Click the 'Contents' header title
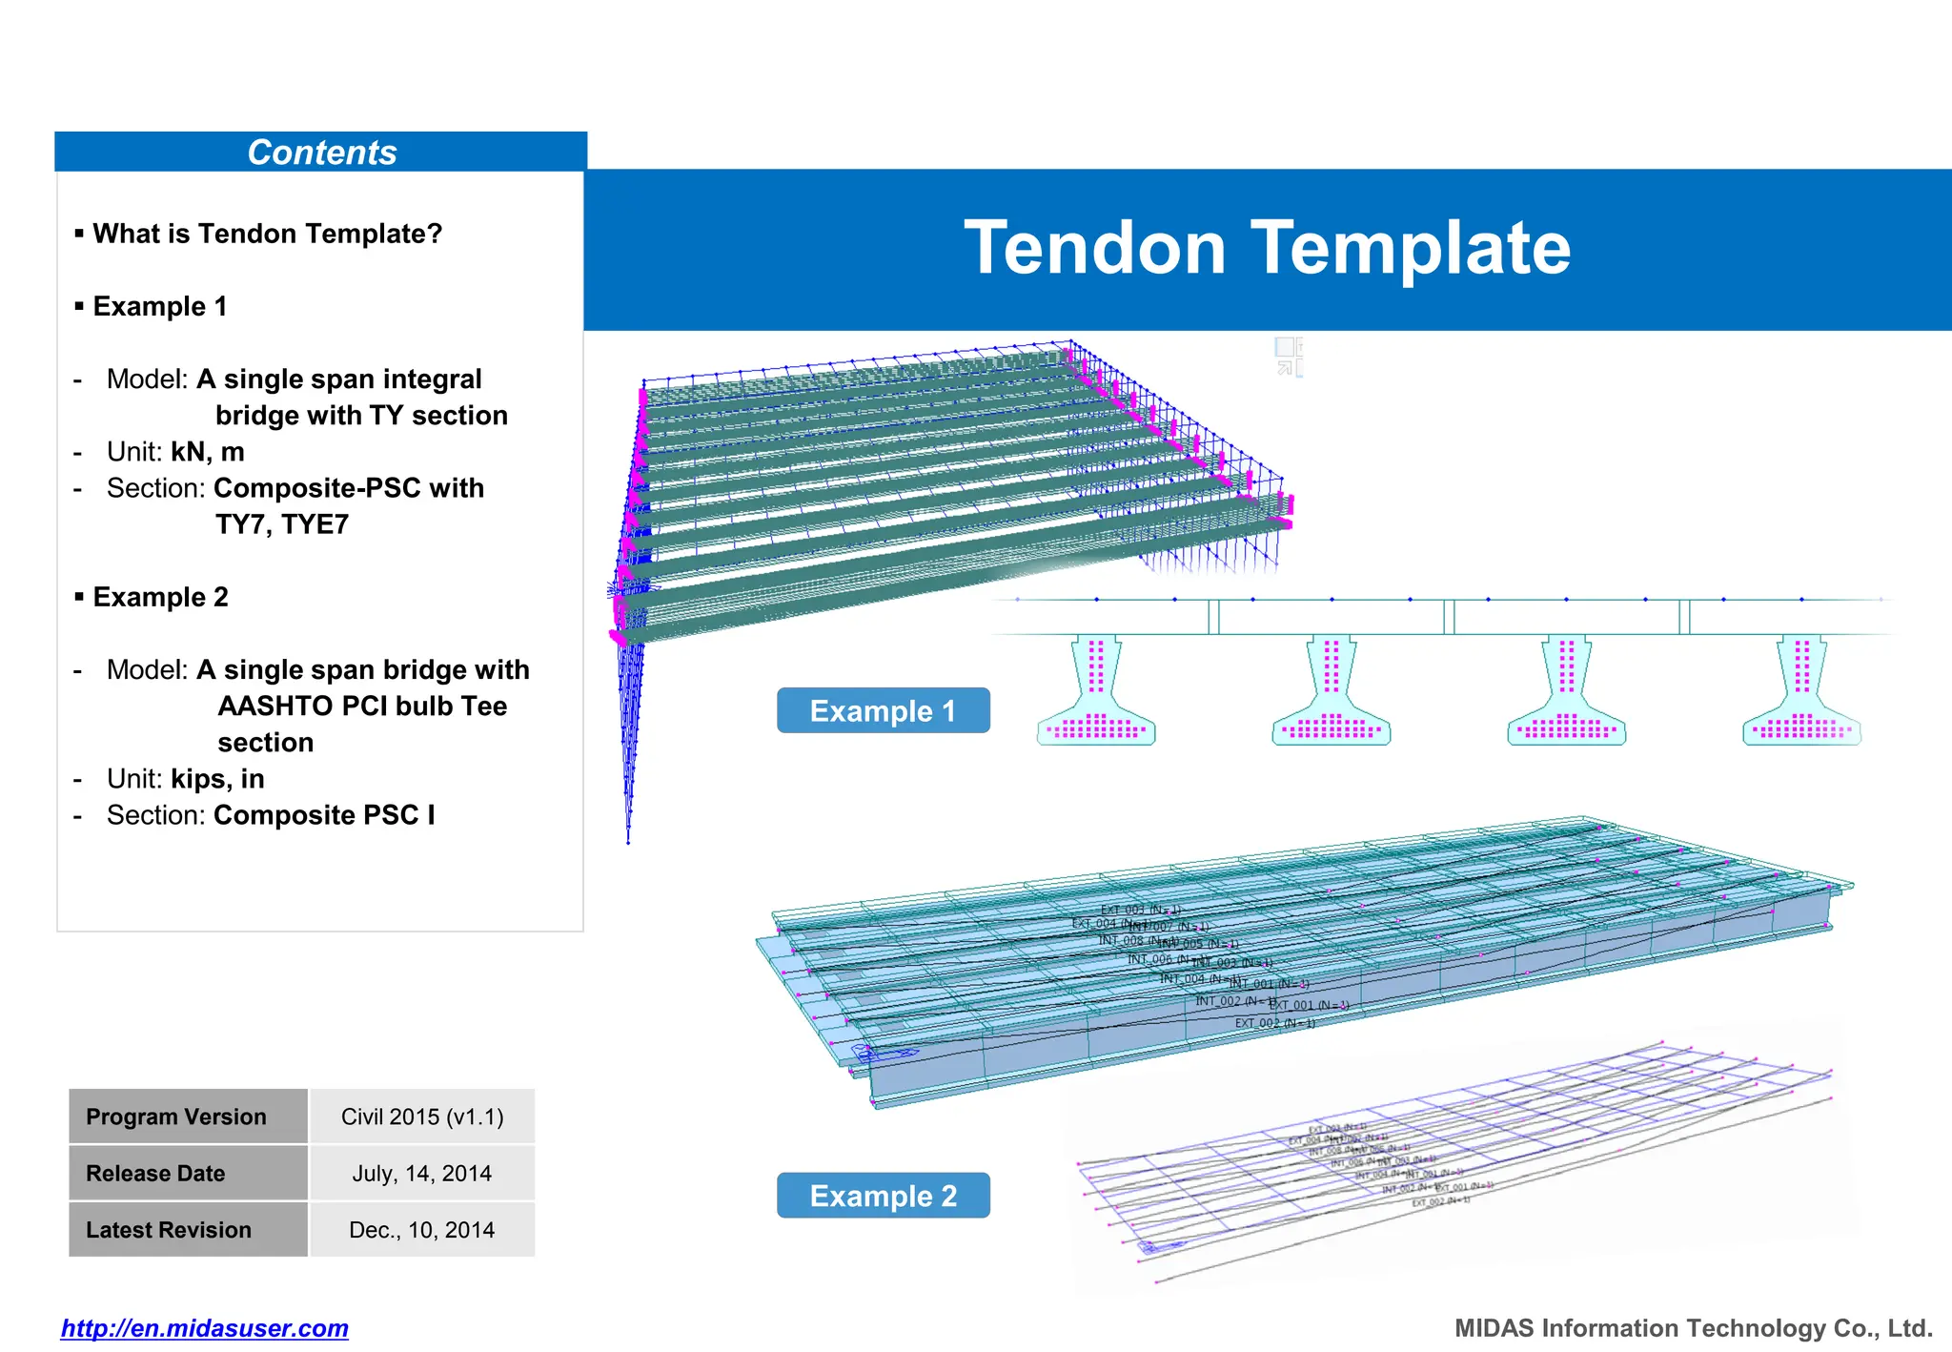[321, 153]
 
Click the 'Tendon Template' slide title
[1267, 248]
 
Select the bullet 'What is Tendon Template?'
[267, 234]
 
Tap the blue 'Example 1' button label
[883, 711]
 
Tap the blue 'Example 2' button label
[883, 1196]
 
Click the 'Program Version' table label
[176, 1116]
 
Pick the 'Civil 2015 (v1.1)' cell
[422, 1116]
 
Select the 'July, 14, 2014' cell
[422, 1173]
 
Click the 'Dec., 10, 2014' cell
[422, 1230]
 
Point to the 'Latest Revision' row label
[169, 1230]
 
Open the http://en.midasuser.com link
[205, 1328]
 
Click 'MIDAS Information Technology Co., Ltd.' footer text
[1693, 1328]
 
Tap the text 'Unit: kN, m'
[175, 452]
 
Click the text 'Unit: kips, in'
[185, 779]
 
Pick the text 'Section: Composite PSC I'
[271, 815]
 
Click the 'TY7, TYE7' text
[282, 524]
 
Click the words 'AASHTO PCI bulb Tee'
[362, 707]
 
